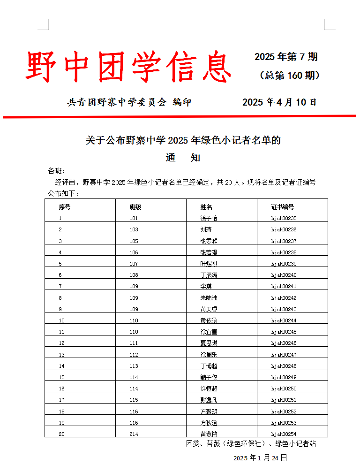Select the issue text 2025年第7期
(x=286, y=57)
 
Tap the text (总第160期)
(x=290, y=76)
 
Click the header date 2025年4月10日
(x=279, y=102)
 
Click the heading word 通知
(x=183, y=158)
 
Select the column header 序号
(x=64, y=207)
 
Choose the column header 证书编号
(x=282, y=207)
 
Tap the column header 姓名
(x=206, y=207)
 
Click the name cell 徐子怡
(x=209, y=218)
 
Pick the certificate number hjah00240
(x=284, y=275)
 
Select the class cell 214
(x=134, y=434)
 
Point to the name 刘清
(x=206, y=229)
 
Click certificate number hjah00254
(x=284, y=434)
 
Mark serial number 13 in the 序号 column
(x=62, y=355)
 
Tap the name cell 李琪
(x=206, y=286)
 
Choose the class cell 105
(x=134, y=241)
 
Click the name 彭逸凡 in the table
(x=209, y=400)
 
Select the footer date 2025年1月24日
(x=260, y=457)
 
